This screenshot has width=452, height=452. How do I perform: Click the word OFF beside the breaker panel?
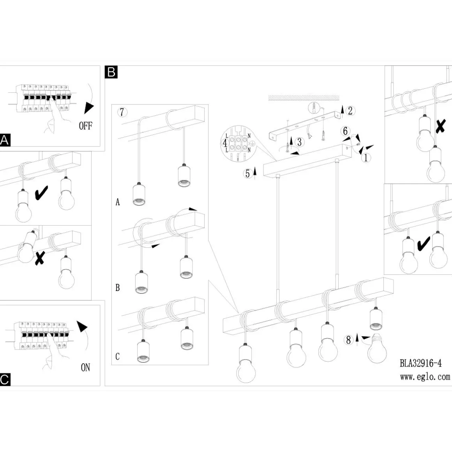tap(85, 126)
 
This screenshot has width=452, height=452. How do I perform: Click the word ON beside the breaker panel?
tap(85, 367)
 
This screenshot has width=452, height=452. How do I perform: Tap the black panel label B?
tap(111, 72)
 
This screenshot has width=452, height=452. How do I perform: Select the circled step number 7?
tap(122, 112)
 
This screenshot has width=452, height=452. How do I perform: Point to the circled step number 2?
tap(350, 111)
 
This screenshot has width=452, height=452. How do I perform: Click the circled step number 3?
tap(300, 142)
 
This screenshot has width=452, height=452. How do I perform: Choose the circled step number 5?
tap(247, 174)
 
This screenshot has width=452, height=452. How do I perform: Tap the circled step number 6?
tap(345, 131)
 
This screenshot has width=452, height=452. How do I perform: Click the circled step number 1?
tap(366, 158)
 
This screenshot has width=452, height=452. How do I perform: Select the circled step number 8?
tap(348, 340)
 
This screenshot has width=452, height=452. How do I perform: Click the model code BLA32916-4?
tap(420, 363)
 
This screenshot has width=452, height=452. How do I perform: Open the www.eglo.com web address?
tap(425, 377)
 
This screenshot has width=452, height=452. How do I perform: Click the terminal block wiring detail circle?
tap(238, 143)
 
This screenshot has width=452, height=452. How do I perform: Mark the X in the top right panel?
tap(440, 126)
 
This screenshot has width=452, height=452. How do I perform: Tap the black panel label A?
tap(5, 140)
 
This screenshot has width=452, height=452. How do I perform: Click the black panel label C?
tap(5, 380)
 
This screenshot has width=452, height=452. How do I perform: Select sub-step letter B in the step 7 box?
tap(118, 288)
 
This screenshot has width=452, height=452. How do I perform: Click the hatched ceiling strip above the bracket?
tap(304, 98)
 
